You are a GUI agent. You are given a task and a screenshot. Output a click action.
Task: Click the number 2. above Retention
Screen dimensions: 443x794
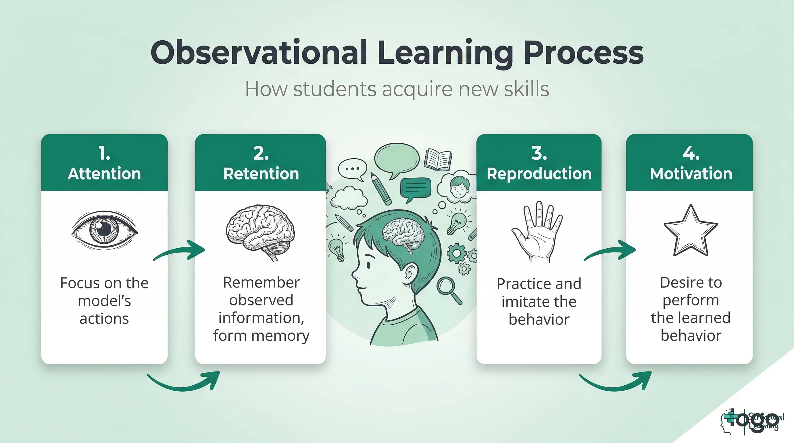click(261, 153)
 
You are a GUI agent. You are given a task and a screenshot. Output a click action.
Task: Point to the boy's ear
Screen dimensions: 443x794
click(410, 274)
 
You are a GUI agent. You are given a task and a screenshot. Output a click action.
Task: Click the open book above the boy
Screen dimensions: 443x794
click(438, 159)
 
